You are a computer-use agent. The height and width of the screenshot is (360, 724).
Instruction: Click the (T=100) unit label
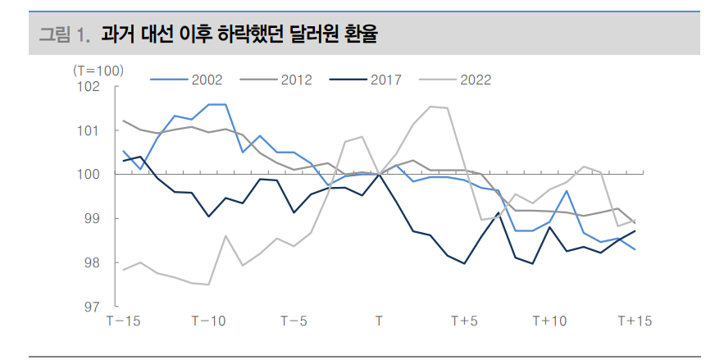(x=98, y=70)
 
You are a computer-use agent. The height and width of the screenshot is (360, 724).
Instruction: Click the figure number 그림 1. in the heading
(x=65, y=34)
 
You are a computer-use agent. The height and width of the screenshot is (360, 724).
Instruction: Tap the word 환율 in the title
(x=367, y=34)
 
